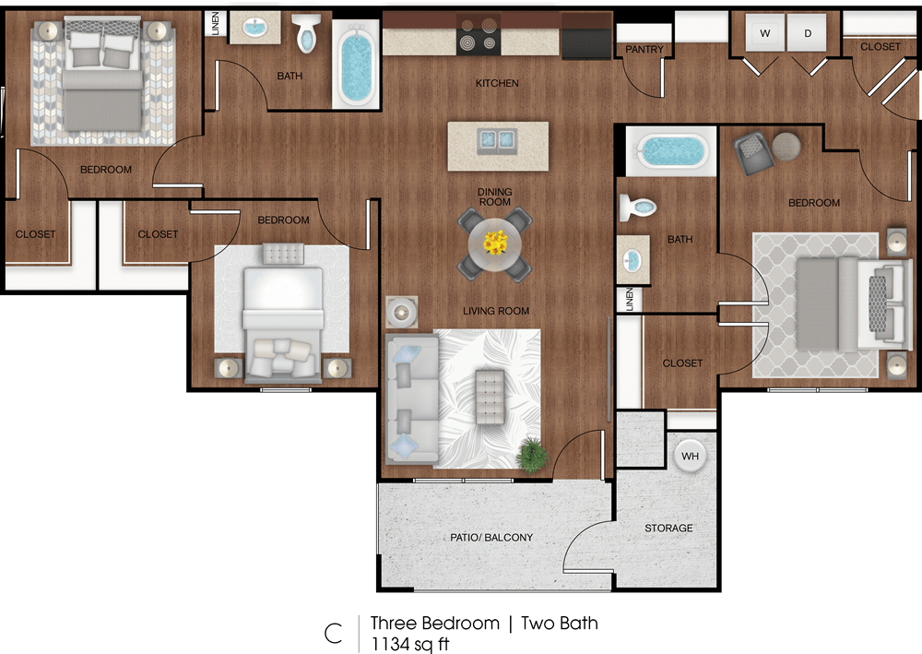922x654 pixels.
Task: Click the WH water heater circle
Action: (691, 455)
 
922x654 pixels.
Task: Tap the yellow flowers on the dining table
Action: (496, 243)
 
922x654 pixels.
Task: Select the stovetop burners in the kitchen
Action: (478, 41)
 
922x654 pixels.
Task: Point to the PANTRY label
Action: (644, 50)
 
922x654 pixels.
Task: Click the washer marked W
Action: (764, 34)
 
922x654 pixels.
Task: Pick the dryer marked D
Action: (808, 34)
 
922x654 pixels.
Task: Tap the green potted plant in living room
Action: (532, 454)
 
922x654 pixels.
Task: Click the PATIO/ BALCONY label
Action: (491, 538)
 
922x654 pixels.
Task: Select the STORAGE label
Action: (668, 528)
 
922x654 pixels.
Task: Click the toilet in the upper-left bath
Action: (306, 34)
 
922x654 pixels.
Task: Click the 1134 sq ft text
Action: (410, 643)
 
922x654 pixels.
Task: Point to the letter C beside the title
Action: (333, 633)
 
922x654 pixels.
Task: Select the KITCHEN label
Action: (497, 83)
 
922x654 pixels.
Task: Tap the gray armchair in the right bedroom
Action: (753, 151)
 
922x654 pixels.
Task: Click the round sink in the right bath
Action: (633, 260)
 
